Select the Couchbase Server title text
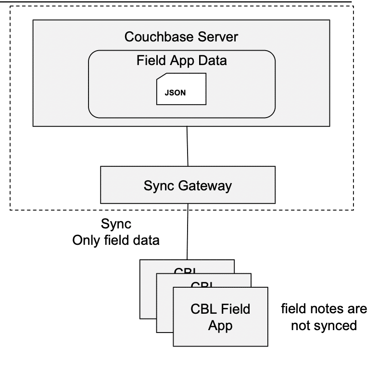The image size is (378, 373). point(181,37)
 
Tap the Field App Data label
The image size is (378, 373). point(181,62)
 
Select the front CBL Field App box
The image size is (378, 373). point(220,317)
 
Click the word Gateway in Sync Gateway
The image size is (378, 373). point(207,186)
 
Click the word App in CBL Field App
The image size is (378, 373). point(220,325)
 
